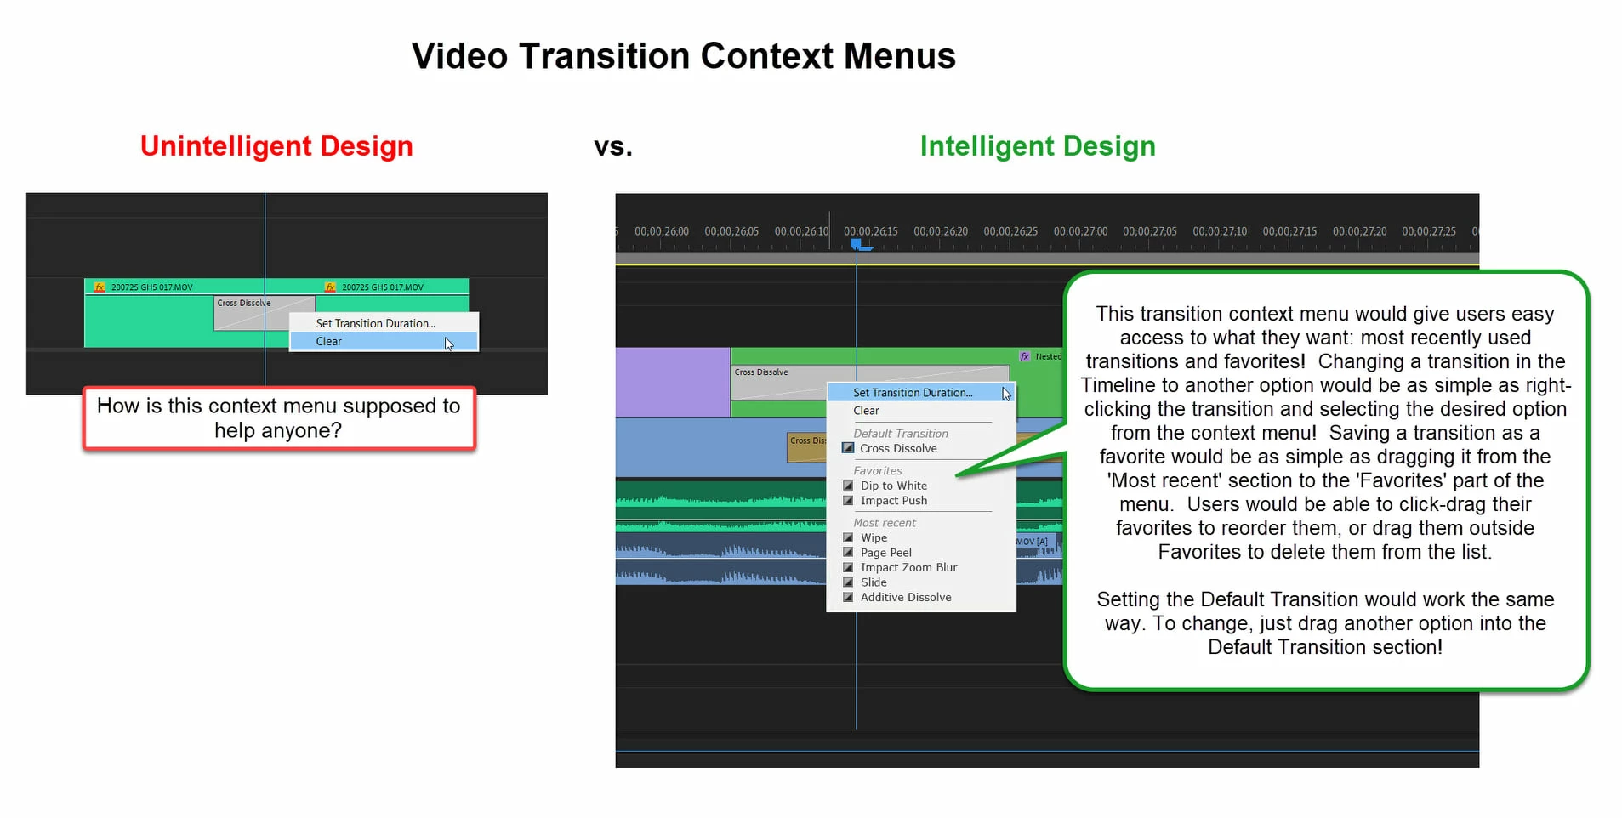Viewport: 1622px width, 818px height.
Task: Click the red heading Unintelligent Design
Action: [276, 146]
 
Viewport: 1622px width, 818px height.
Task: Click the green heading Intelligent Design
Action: [1038, 146]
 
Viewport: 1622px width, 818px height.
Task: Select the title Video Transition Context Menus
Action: [684, 56]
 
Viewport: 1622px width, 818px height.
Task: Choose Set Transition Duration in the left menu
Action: [375, 323]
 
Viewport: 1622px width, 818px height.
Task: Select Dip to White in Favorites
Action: [894, 486]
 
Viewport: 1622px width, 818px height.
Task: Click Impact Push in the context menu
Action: [894, 501]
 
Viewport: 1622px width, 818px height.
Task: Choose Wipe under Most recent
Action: [874, 537]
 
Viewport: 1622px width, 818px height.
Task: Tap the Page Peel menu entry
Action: [886, 553]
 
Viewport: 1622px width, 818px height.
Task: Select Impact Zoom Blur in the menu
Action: [908, 567]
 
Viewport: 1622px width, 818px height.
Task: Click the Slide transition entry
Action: [874, 582]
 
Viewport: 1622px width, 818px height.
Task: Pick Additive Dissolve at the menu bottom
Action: [906, 597]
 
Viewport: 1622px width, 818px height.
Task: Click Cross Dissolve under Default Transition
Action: [898, 448]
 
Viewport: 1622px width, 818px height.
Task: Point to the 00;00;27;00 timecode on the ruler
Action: [1080, 231]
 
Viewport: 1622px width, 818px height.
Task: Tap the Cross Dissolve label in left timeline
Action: [244, 303]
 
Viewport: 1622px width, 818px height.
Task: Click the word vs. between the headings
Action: [613, 147]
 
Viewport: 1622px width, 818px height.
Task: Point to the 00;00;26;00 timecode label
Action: [662, 231]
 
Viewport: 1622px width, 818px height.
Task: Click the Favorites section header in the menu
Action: [878, 470]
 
